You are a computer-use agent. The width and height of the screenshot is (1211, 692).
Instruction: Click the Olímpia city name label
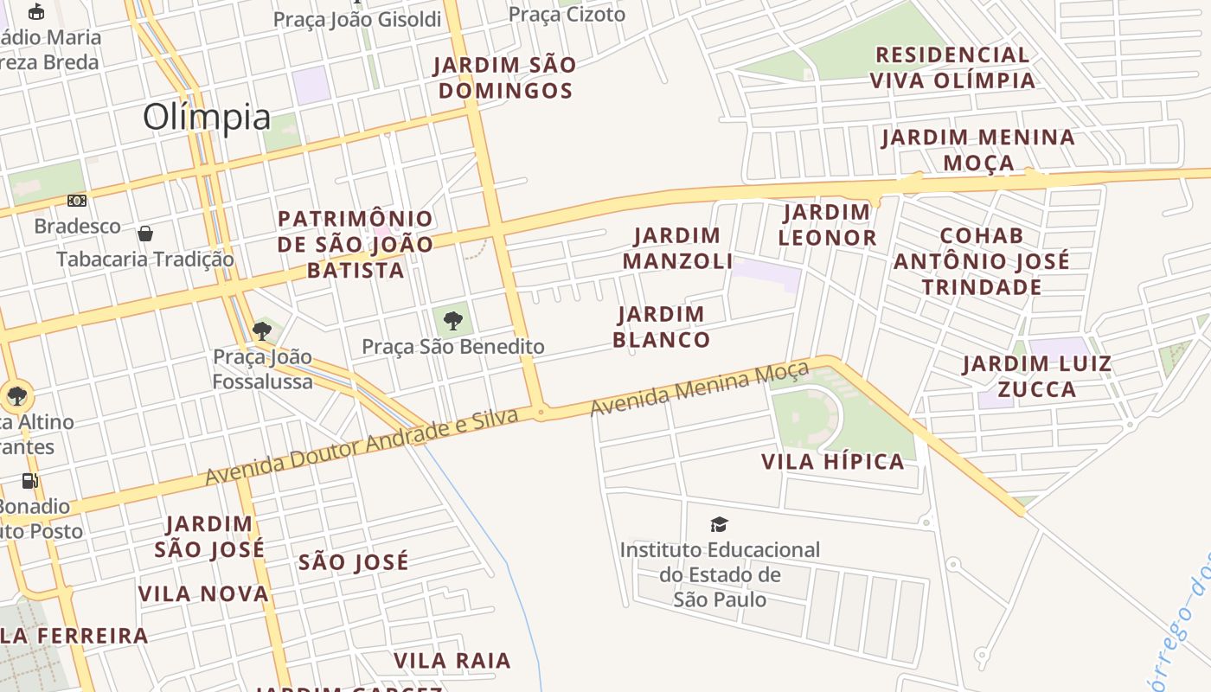coord(206,117)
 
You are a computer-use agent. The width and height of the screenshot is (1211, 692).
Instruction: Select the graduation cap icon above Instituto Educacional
coord(719,524)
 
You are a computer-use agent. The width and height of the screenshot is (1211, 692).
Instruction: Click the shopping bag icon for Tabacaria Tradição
coord(145,234)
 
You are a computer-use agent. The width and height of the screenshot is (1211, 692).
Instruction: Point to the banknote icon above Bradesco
coord(77,201)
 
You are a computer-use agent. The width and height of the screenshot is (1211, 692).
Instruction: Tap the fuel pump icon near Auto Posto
coord(30,481)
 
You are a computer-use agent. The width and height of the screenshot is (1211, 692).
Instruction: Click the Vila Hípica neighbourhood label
coord(832,462)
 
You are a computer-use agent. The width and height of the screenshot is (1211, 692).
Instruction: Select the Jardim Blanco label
coord(662,327)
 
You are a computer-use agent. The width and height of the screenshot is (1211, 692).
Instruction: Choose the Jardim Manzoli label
coord(677,248)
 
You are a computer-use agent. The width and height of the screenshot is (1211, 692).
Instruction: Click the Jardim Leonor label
coord(826,225)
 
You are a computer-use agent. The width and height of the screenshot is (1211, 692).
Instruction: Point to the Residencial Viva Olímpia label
coord(951,67)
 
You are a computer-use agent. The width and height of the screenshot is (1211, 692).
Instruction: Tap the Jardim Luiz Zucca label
coord(1036,376)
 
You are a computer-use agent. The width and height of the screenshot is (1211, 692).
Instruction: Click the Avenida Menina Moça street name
coord(700,388)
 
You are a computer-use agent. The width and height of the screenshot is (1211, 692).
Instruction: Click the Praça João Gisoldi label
coord(356,19)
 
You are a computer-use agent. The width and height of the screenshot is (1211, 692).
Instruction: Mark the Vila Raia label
coord(452,661)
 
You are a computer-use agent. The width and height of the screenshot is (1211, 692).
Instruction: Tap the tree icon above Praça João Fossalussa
coord(262,330)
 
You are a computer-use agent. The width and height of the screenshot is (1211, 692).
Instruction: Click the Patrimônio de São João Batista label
coord(355,244)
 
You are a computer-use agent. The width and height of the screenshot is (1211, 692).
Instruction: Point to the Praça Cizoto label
coord(567,14)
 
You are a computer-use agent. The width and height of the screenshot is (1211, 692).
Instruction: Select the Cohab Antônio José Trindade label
coord(981,260)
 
